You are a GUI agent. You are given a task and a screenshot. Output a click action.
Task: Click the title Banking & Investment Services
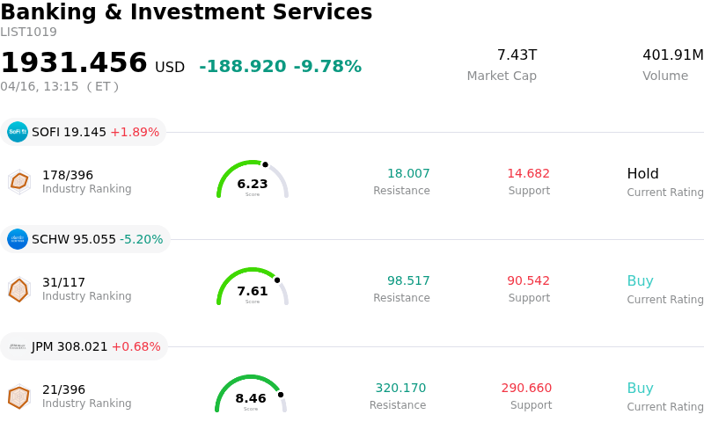pyautogui.click(x=187, y=13)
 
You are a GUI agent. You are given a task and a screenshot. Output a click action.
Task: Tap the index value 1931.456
pyautogui.click(x=74, y=63)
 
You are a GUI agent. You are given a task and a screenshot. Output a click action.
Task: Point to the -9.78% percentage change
pyautogui.click(x=327, y=67)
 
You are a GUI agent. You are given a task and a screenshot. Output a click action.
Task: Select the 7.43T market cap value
pyautogui.click(x=517, y=55)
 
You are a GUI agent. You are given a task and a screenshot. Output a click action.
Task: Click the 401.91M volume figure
pyautogui.click(x=672, y=55)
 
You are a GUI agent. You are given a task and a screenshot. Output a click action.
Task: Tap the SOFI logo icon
pyautogui.click(x=18, y=132)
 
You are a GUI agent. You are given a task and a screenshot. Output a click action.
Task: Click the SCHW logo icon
pyautogui.click(x=18, y=239)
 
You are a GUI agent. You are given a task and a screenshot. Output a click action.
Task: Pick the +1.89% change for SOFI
pyautogui.click(x=135, y=133)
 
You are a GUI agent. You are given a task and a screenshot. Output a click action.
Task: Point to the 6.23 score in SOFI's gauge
pyautogui.click(x=253, y=184)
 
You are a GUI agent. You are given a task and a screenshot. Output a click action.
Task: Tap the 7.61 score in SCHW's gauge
pyautogui.click(x=253, y=291)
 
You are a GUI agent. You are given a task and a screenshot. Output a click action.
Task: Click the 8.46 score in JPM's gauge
pyautogui.click(x=251, y=398)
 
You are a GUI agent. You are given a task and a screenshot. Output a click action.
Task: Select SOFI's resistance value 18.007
pyautogui.click(x=408, y=174)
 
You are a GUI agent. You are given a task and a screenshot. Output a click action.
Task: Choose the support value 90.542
pyautogui.click(x=528, y=281)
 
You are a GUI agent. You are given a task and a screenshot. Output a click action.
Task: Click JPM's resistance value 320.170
pyautogui.click(x=400, y=389)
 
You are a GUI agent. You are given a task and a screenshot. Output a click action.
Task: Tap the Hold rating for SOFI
pyautogui.click(x=642, y=174)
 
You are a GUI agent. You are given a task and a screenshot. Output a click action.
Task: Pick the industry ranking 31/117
pyautogui.click(x=63, y=282)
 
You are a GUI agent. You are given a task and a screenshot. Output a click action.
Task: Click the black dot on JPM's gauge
pyautogui.click(x=281, y=395)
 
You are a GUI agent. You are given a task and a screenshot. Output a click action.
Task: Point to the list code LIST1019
pyautogui.click(x=28, y=33)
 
